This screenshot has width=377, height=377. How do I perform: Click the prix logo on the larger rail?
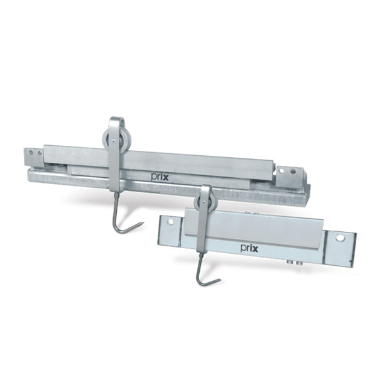160,177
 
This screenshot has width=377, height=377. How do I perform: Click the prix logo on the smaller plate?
249,248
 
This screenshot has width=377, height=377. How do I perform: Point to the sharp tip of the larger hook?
143,222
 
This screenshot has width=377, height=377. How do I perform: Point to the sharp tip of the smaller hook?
220,280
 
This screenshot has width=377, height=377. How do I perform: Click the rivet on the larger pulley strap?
114,141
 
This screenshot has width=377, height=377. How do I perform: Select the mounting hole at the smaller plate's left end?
171,221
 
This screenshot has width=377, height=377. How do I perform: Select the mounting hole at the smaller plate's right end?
340,238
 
